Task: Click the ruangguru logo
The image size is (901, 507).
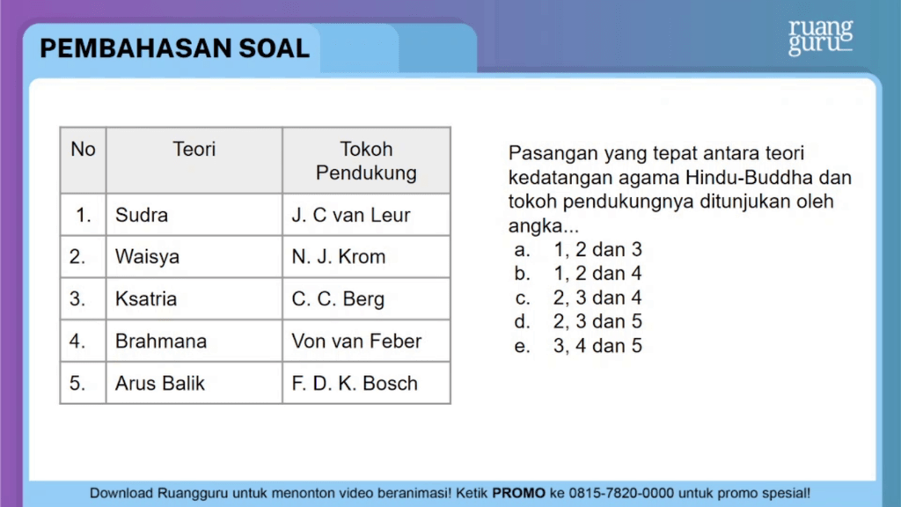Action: pyautogui.click(x=821, y=37)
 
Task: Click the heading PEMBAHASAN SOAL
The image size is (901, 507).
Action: pyautogui.click(x=175, y=48)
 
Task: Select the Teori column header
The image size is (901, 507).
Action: pyautogui.click(x=194, y=160)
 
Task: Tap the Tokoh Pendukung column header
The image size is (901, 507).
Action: pyautogui.click(x=366, y=160)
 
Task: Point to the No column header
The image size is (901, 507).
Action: pyautogui.click(x=83, y=160)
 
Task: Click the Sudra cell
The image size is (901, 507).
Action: pyautogui.click(x=194, y=215)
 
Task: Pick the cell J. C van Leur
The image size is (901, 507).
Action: pyautogui.click(x=366, y=215)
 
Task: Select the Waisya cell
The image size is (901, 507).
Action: pyautogui.click(x=194, y=256)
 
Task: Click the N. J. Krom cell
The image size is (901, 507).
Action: pyautogui.click(x=366, y=256)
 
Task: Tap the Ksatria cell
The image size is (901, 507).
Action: pyautogui.click(x=194, y=299)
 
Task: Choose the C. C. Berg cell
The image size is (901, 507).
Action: pyautogui.click(x=366, y=299)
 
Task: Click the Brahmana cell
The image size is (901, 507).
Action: pyautogui.click(x=194, y=341)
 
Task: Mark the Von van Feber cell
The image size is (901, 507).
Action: pyautogui.click(x=366, y=341)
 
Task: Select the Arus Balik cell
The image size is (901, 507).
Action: pyautogui.click(x=194, y=383)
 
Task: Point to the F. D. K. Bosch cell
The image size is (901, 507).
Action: pyautogui.click(x=366, y=383)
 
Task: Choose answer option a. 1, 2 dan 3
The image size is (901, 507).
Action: pyautogui.click(x=578, y=249)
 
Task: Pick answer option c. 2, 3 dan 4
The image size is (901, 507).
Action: pyautogui.click(x=578, y=298)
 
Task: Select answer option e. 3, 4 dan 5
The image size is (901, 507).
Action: pyautogui.click(x=578, y=345)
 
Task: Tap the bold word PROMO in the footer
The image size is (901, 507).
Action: pyautogui.click(x=518, y=493)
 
